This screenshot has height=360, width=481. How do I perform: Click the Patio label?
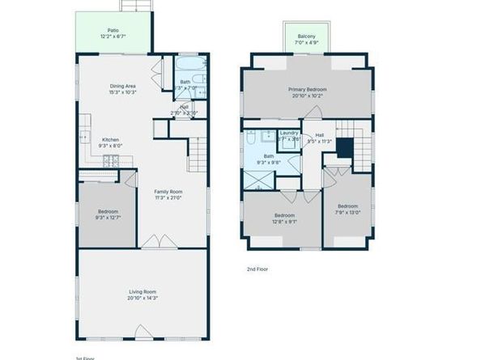point(113,30)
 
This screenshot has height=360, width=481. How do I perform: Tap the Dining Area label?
point(122,86)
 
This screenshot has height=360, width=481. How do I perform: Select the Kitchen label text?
point(110,139)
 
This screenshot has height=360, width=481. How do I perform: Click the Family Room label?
point(168,191)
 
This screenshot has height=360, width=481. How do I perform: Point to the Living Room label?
point(143,291)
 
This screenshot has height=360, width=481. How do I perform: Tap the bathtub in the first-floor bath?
point(189,65)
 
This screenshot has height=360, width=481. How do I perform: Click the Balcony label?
point(306,36)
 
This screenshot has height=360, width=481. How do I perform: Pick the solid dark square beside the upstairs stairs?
point(345,148)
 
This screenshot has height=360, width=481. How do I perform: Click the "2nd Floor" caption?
point(258,269)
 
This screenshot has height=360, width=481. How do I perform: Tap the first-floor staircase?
point(196,154)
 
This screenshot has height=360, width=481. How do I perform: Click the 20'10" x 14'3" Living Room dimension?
point(143,297)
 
